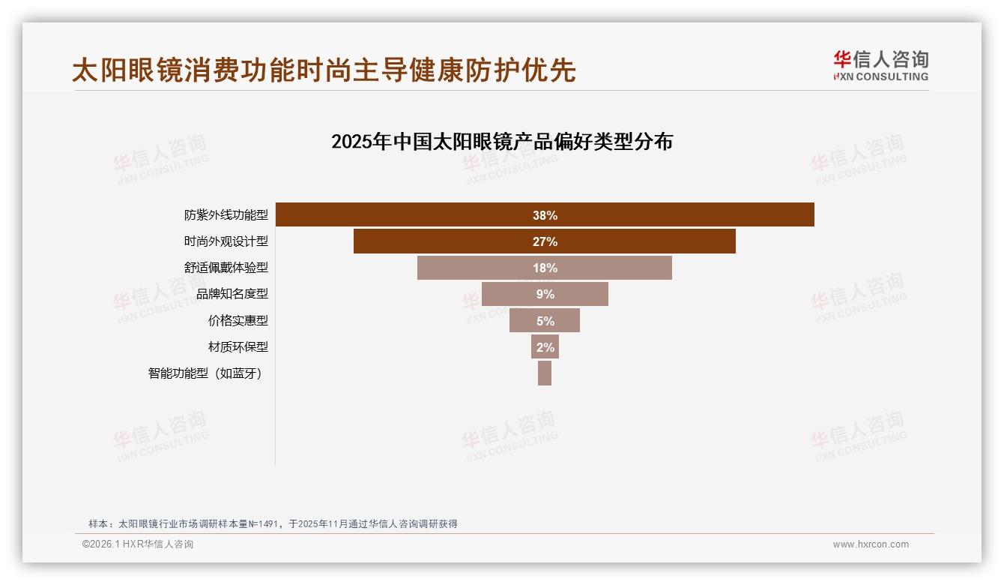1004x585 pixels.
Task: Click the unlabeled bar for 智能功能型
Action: pos(545,373)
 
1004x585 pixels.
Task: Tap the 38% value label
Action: pos(545,215)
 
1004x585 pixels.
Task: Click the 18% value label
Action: pos(545,268)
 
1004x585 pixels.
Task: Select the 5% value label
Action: pos(545,320)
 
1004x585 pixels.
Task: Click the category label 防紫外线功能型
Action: pos(226,215)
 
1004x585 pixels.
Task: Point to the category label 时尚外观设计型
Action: pos(226,241)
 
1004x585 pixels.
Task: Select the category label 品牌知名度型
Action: pos(232,294)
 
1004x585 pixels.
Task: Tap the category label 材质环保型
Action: pos(238,346)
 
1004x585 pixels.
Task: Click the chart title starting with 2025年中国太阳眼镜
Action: pos(502,141)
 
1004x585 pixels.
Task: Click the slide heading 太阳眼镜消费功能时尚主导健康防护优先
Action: pos(324,70)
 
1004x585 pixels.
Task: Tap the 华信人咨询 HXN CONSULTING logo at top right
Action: pos(880,66)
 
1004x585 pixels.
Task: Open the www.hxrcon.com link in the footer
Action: pos(871,544)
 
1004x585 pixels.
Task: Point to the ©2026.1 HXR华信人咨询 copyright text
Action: pos(138,544)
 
